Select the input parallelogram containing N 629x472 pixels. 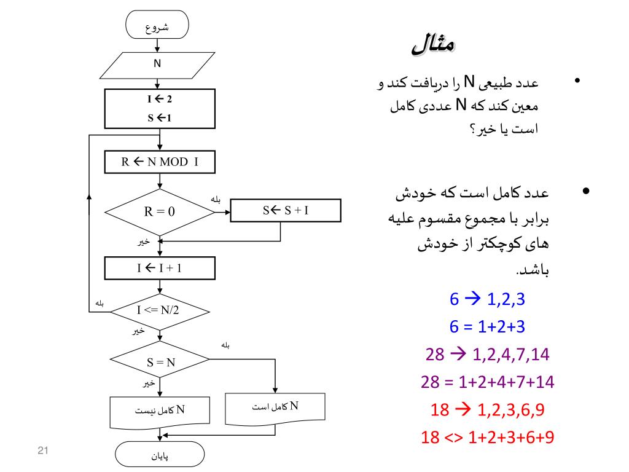[x=157, y=64]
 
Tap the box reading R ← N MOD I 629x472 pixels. [x=160, y=162]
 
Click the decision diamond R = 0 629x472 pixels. [x=160, y=211]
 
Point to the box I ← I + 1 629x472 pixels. [x=160, y=268]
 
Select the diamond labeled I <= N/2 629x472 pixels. [x=158, y=309]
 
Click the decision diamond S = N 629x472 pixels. [x=160, y=362]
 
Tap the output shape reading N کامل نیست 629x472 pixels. [x=160, y=411]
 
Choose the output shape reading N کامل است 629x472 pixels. [x=275, y=407]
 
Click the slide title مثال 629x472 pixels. [x=433, y=45]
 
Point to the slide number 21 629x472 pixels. [x=43, y=452]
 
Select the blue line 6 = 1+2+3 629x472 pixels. [x=487, y=327]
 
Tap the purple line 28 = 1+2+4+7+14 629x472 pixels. [x=487, y=382]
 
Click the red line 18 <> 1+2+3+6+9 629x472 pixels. [x=487, y=438]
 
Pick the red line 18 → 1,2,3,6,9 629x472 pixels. [x=487, y=410]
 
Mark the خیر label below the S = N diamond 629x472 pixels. [x=147, y=383]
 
